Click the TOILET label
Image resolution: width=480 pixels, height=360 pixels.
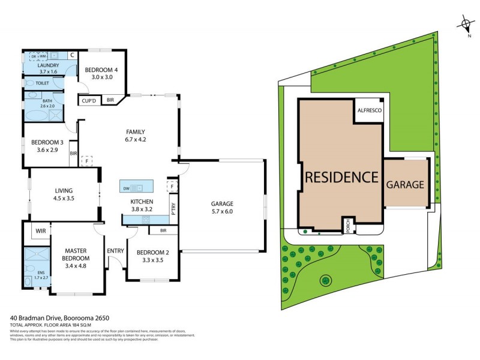pos(42,83)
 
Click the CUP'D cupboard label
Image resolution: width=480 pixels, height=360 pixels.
pos(89,100)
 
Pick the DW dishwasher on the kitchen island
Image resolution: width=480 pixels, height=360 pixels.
pos(127,188)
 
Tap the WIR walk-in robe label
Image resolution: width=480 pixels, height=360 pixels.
pos(41,230)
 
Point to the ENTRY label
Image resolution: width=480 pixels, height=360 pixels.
pos(115,251)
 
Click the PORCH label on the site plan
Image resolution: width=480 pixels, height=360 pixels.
pos(347,226)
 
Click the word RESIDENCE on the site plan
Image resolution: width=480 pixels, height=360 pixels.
pos(342,177)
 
